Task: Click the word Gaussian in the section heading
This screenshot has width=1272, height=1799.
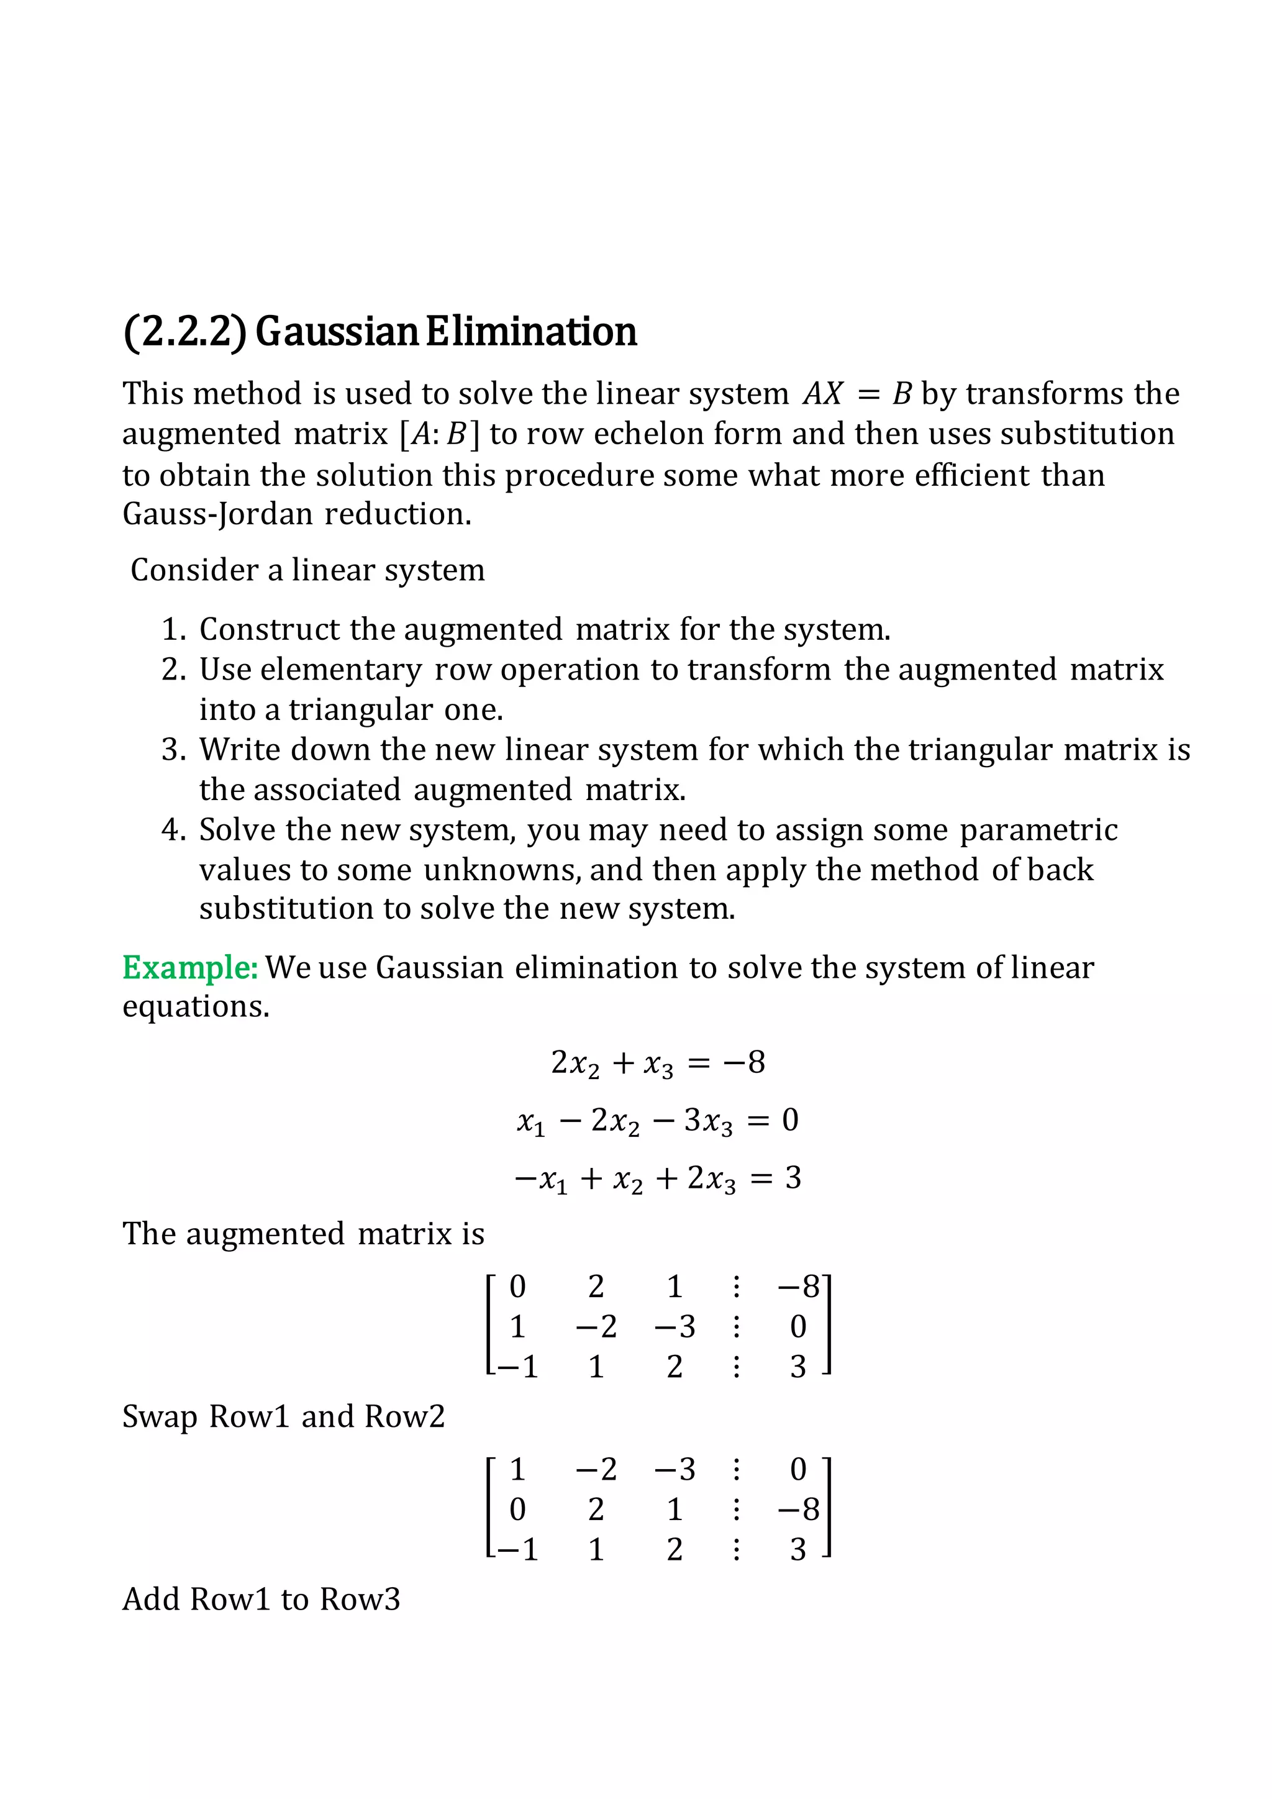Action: [338, 332]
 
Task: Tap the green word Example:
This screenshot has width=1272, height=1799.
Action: [189, 968]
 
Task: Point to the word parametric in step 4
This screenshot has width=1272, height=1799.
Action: [1038, 830]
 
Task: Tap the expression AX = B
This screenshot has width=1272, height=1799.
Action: [857, 393]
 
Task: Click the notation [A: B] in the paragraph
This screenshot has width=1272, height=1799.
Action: [438, 434]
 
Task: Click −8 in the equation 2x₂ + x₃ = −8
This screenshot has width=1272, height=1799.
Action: [744, 1062]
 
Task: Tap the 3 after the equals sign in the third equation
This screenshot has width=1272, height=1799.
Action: [793, 1178]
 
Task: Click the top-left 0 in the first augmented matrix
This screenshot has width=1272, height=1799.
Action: [518, 1287]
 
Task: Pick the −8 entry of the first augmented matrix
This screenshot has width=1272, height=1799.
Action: [798, 1287]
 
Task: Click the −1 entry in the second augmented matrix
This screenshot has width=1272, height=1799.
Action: [518, 1549]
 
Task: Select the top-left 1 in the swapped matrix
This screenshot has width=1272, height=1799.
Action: [518, 1469]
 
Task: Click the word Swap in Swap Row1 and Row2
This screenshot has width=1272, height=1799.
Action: [160, 1416]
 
